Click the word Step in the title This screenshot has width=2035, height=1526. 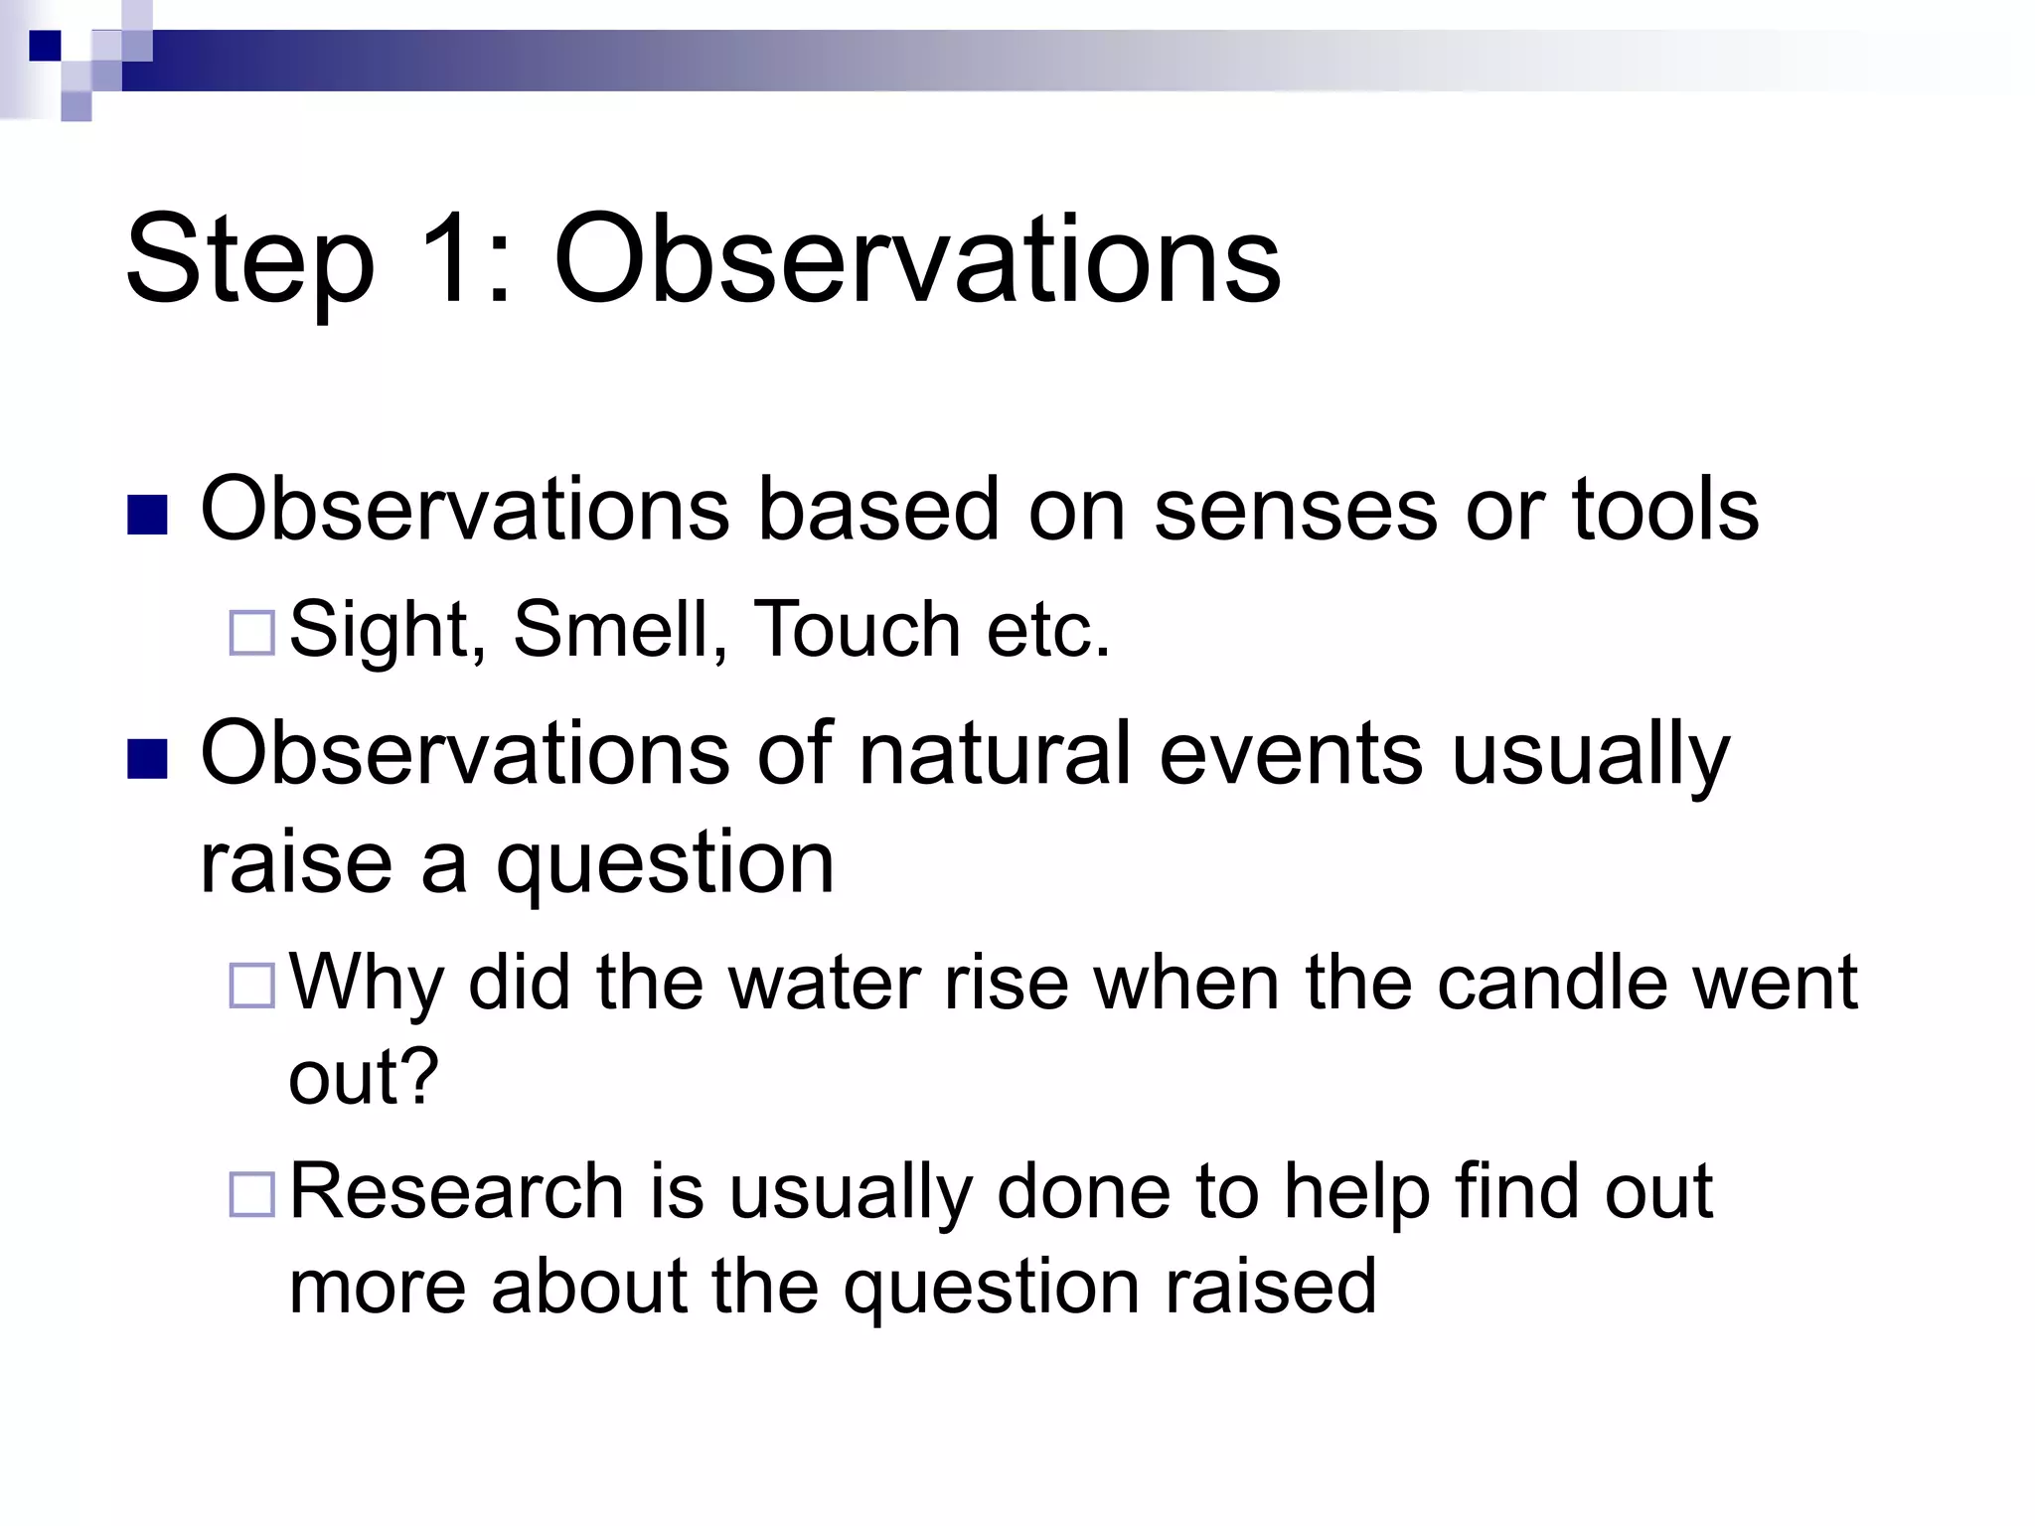click(249, 260)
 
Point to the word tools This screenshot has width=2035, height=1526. click(1665, 510)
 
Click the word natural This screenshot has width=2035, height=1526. click(995, 754)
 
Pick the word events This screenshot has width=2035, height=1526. click(1291, 754)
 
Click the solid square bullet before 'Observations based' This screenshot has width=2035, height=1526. click(148, 515)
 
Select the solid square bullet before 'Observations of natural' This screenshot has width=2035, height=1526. click(148, 759)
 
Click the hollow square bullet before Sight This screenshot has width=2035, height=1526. click(251, 633)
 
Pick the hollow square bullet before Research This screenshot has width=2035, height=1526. click(251, 1194)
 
